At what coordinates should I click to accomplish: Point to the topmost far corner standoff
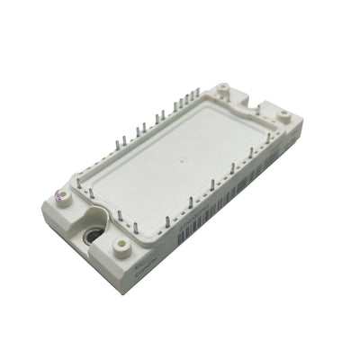pyautogui.click(x=223, y=92)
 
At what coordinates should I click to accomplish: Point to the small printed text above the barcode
pyautogui.click(x=193, y=225)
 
